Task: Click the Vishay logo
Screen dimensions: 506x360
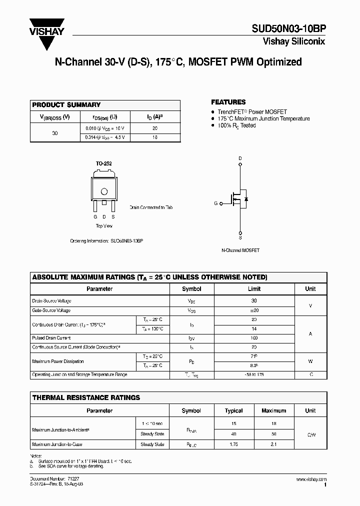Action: (47, 32)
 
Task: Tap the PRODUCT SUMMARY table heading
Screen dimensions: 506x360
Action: (66, 105)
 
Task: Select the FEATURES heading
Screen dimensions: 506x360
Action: (228, 102)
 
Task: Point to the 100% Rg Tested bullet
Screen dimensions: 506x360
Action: (236, 125)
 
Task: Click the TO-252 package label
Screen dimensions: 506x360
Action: (103, 163)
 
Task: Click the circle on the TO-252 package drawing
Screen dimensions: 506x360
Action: (104, 191)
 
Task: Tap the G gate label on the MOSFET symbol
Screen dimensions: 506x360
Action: (215, 203)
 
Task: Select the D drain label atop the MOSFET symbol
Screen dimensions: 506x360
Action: (240, 158)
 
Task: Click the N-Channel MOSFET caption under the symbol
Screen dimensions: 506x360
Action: (240, 250)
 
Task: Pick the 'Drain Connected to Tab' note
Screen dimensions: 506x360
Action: (151, 207)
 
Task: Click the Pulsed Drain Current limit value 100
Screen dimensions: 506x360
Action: (254, 338)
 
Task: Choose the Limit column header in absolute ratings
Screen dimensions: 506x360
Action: (254, 289)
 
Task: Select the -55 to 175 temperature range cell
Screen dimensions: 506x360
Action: (254, 374)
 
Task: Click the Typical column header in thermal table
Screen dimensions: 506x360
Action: (234, 410)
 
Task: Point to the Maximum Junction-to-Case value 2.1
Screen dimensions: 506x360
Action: (273, 444)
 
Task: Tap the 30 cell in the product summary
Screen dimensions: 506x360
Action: (55, 133)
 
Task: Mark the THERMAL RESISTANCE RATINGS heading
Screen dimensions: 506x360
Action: (86, 397)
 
